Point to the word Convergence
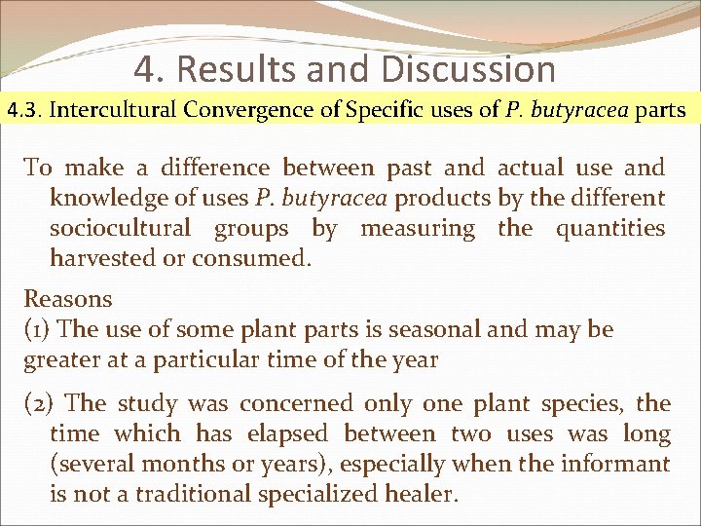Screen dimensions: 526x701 coord(254,109)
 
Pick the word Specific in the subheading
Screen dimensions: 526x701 coord(377,109)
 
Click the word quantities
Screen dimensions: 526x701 coord(610,228)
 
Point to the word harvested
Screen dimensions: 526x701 coord(103,258)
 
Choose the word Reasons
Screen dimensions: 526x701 coord(68,299)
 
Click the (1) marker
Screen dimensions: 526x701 coord(38,329)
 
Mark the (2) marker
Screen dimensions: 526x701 coord(40,402)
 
